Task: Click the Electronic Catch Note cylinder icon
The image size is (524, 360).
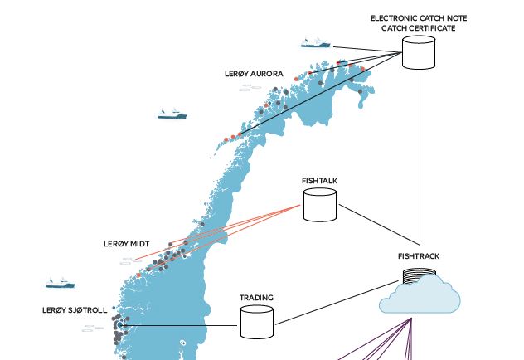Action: [x=419, y=52]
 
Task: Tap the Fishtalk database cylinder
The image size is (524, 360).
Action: [x=320, y=205]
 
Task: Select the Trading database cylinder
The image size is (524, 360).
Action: [x=257, y=322]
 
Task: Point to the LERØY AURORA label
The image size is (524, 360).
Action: [x=254, y=74]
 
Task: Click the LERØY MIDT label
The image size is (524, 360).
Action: [x=126, y=244]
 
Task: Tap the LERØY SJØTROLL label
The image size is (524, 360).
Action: [x=75, y=310]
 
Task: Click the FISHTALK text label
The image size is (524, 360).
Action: [x=319, y=181]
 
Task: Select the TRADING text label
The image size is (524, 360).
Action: [x=256, y=298]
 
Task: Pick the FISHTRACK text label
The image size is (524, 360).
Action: [x=419, y=256]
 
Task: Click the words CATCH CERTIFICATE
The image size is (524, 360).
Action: [x=419, y=28]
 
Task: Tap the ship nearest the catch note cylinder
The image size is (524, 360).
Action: [x=315, y=43]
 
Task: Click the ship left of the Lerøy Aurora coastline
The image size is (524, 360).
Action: [x=172, y=114]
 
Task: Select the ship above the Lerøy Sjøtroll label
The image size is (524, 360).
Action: [x=61, y=283]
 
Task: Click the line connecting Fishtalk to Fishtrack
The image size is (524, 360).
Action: [x=380, y=225]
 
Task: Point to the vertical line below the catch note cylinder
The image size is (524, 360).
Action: [x=420, y=159]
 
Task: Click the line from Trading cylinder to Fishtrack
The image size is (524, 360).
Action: [x=337, y=303]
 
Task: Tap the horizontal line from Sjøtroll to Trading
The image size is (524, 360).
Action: [x=180, y=325]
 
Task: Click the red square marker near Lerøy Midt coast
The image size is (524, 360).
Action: [x=138, y=275]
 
